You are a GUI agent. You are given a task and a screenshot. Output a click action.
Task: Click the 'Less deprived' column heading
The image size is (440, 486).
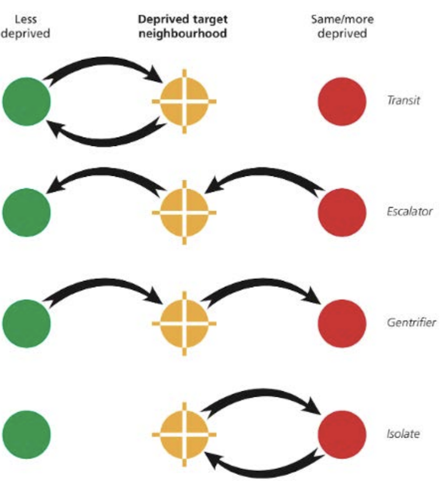[26, 26]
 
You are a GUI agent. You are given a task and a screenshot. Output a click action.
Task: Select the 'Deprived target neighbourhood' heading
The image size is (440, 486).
[182, 26]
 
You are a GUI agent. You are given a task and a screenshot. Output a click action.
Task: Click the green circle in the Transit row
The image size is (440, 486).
[26, 101]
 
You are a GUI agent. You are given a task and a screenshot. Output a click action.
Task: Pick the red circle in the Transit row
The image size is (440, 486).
[342, 101]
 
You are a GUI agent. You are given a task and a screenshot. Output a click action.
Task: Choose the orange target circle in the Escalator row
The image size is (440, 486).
[184, 211]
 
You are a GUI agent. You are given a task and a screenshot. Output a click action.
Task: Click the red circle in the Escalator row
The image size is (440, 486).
[342, 211]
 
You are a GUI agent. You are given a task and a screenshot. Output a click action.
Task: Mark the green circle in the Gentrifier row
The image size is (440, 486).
[26, 322]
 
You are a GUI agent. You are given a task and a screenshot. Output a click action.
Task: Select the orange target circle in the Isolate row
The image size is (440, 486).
[184, 434]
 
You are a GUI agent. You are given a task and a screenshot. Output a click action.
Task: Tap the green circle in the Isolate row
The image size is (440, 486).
[26, 434]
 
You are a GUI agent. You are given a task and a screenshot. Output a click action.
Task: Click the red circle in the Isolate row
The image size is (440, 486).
[342, 434]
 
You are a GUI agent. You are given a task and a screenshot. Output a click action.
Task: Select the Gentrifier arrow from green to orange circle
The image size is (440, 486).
[105, 286]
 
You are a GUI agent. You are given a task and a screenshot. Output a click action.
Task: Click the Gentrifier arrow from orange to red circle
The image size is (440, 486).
[263, 286]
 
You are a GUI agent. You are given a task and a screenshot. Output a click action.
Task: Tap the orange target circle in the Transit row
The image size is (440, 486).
[184, 101]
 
